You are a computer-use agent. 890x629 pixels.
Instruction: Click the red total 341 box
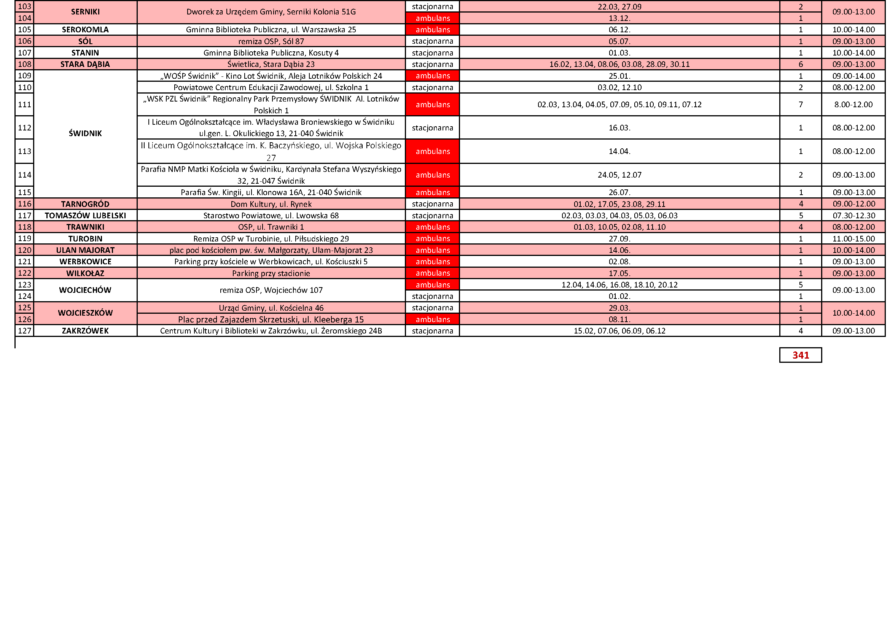tap(800, 355)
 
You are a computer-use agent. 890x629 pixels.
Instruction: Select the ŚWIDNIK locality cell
tap(85, 133)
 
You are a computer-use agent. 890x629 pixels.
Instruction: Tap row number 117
tap(24, 215)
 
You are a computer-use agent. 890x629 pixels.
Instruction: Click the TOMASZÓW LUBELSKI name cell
tap(85, 215)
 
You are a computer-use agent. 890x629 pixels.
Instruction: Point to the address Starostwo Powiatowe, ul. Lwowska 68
tap(271, 215)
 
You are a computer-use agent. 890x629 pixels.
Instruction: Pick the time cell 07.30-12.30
tap(853, 215)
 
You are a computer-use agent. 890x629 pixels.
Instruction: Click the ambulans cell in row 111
tap(433, 105)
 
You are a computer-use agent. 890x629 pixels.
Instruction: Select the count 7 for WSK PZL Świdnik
tap(801, 105)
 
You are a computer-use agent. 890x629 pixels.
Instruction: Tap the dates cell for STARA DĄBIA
tap(619, 64)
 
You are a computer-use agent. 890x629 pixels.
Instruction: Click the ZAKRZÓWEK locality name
tap(85, 331)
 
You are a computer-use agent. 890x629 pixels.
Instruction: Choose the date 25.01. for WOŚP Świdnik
tap(619, 76)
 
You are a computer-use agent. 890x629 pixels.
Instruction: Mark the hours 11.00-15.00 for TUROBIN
tap(853, 238)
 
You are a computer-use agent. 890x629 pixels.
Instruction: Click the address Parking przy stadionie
tap(271, 273)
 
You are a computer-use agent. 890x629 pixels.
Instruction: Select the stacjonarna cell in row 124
tap(433, 296)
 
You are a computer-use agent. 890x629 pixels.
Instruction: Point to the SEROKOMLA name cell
tap(85, 30)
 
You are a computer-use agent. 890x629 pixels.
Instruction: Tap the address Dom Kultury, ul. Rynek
tap(271, 204)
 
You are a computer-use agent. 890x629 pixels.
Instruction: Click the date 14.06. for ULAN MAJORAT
tap(619, 250)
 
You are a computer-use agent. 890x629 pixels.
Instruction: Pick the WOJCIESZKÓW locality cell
tap(85, 313)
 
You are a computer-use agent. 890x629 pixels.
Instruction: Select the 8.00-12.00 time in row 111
tap(853, 105)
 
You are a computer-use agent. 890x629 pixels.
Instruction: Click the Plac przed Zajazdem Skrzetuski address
tap(271, 319)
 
